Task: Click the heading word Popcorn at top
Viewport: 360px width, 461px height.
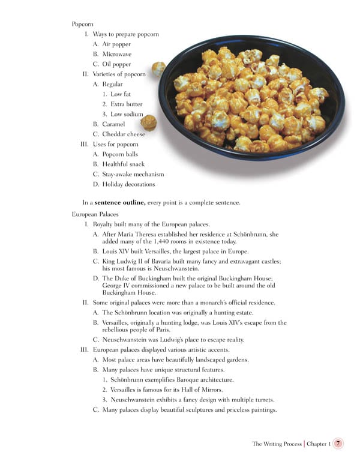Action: tap(82, 24)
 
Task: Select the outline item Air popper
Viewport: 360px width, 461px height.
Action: tap(116, 44)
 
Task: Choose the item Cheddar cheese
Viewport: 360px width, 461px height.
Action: tap(124, 134)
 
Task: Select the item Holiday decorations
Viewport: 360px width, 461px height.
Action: tap(128, 184)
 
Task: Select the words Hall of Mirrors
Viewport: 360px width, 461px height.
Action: tap(203, 390)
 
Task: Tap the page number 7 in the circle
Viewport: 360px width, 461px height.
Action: tap(339, 444)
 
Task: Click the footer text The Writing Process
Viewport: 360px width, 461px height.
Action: tap(277, 444)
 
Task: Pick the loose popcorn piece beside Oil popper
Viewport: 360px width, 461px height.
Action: tap(158, 68)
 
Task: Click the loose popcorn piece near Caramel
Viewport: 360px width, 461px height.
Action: tap(148, 123)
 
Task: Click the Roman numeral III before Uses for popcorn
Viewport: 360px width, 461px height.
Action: tap(84, 144)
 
